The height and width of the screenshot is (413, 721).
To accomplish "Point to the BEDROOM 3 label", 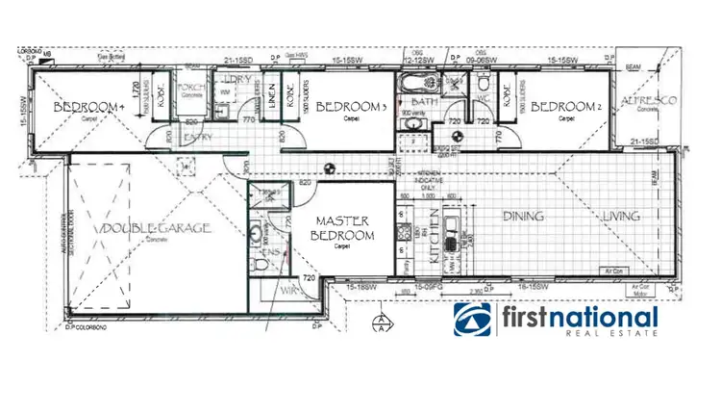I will tap(351, 106).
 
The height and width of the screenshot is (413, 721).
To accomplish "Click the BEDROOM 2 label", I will tap(566, 106).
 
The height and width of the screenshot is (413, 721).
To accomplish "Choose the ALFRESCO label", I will tap(649, 101).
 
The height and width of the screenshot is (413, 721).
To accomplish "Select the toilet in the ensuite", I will tap(262, 263).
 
